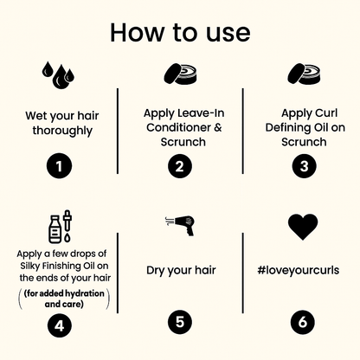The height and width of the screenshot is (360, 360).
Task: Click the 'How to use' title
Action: point(180,32)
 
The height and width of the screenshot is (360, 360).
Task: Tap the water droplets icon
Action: point(58,74)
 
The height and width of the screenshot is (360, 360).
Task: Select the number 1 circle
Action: point(59,166)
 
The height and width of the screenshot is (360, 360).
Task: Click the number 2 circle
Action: point(180,166)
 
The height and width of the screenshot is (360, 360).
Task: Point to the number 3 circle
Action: point(305,166)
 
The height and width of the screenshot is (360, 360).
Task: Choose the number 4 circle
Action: point(59,325)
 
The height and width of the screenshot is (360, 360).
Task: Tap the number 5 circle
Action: point(180,322)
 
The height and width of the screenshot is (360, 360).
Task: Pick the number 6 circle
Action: point(303,322)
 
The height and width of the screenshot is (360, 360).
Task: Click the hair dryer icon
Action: point(180,226)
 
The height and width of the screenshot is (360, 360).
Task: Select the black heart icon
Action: point(303,226)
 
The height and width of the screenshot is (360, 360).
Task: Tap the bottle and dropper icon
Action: point(60,227)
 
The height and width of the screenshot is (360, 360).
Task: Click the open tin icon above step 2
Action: point(181,74)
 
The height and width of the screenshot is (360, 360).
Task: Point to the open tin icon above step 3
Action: point(304,74)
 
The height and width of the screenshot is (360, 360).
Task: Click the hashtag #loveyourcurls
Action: point(299,270)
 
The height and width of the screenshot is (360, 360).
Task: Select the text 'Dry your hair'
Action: point(181,270)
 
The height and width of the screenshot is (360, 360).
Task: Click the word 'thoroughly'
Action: point(62,131)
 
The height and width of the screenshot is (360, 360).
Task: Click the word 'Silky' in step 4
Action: point(29,266)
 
